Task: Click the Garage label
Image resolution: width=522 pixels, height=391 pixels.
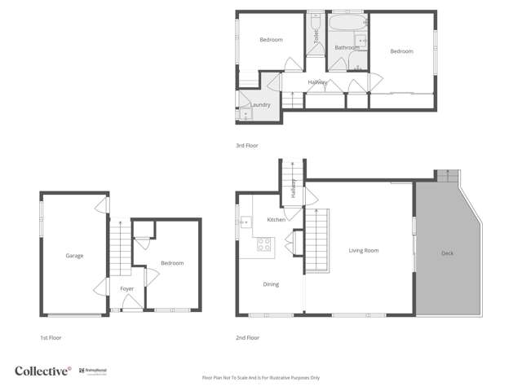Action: (74, 256)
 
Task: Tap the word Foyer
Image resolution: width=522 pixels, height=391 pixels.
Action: (127, 288)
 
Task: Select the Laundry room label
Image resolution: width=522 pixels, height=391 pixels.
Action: (260, 105)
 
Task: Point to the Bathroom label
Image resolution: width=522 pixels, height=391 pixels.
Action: (347, 48)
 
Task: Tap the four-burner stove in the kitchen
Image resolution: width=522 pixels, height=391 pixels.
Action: (265, 244)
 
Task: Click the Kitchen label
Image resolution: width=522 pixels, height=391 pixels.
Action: (276, 220)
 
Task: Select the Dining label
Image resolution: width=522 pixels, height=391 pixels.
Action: (271, 284)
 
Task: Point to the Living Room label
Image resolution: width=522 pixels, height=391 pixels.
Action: (364, 250)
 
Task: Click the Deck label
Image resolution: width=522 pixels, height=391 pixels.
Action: (447, 253)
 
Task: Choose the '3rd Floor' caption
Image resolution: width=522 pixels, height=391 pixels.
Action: (246, 145)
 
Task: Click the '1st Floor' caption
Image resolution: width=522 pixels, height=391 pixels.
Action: (51, 337)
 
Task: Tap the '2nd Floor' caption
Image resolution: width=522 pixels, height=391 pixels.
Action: (246, 337)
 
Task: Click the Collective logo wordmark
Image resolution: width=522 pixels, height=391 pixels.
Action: (42, 371)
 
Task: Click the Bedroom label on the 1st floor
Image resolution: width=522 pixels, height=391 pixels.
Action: (172, 263)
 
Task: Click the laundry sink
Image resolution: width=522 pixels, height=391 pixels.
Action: (244, 114)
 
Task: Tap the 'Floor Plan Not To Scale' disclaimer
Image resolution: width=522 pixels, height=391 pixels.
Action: (261, 378)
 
